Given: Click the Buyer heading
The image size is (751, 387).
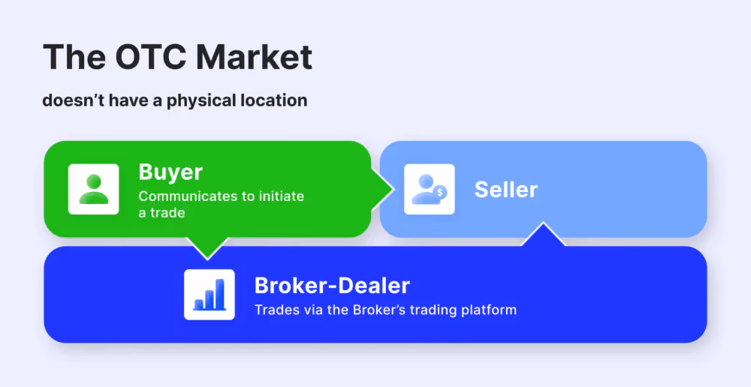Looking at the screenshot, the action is pos(170,172).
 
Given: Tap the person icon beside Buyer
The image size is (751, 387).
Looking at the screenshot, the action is pos(93,189).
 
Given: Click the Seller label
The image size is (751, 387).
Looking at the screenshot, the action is pos(505,190).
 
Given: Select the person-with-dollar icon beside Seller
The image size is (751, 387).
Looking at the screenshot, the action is pos(429,189).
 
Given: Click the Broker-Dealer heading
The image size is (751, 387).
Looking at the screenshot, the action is pos(332,286).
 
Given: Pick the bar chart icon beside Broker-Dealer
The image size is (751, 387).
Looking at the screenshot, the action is pos(210,295).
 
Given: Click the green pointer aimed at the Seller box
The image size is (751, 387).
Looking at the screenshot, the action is pos(383,189).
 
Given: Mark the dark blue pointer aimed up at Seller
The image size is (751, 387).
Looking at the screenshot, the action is pos(543,235).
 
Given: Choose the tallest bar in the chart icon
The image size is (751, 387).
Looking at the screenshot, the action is pos(219,294).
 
